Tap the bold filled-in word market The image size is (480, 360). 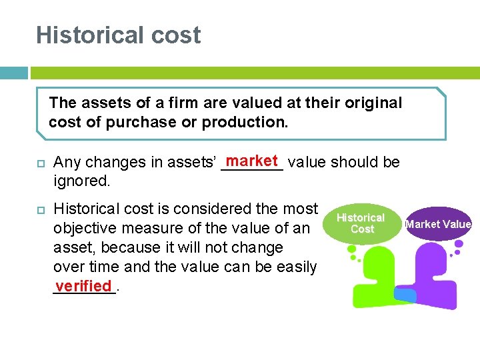click(251, 161)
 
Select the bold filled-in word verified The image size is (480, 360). click(83, 286)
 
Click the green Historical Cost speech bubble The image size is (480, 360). click(361, 224)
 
